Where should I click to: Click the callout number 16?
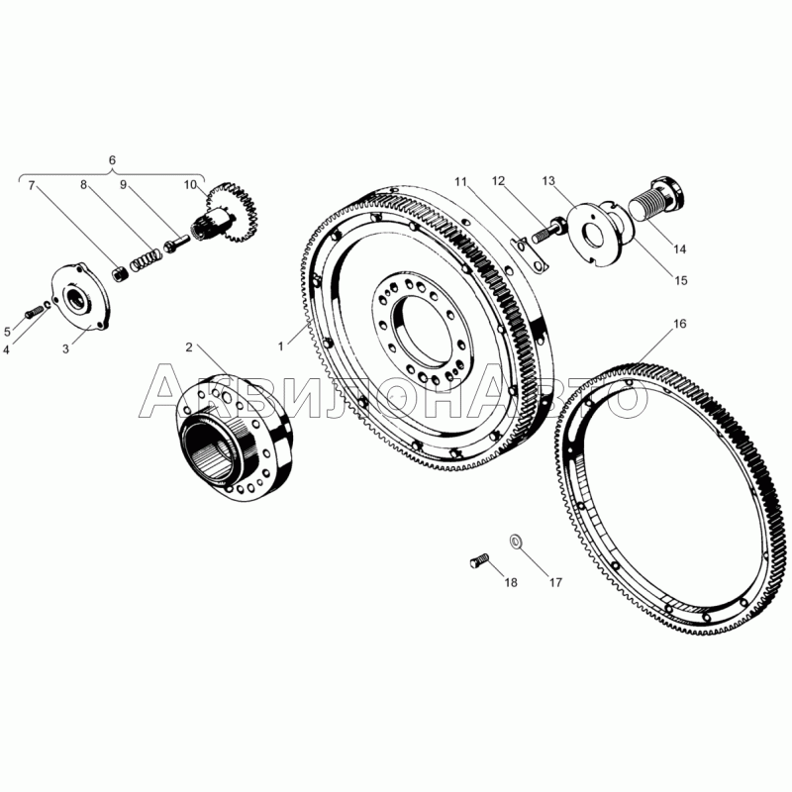pyautogui.click(x=680, y=324)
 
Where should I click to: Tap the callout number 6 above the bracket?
pyautogui.click(x=112, y=160)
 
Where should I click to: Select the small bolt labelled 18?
pyautogui.click(x=480, y=560)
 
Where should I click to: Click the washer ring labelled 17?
pyautogui.click(x=516, y=542)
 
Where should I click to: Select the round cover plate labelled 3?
pyautogui.click(x=82, y=296)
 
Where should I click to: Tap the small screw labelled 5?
pyautogui.click(x=34, y=311)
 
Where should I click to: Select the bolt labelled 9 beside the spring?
pyautogui.click(x=176, y=243)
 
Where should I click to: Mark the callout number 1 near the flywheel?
pyautogui.click(x=281, y=346)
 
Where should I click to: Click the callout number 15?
pyautogui.click(x=681, y=280)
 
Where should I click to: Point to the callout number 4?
pyautogui.click(x=6, y=349)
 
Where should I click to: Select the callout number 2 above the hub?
pyautogui.click(x=189, y=347)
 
